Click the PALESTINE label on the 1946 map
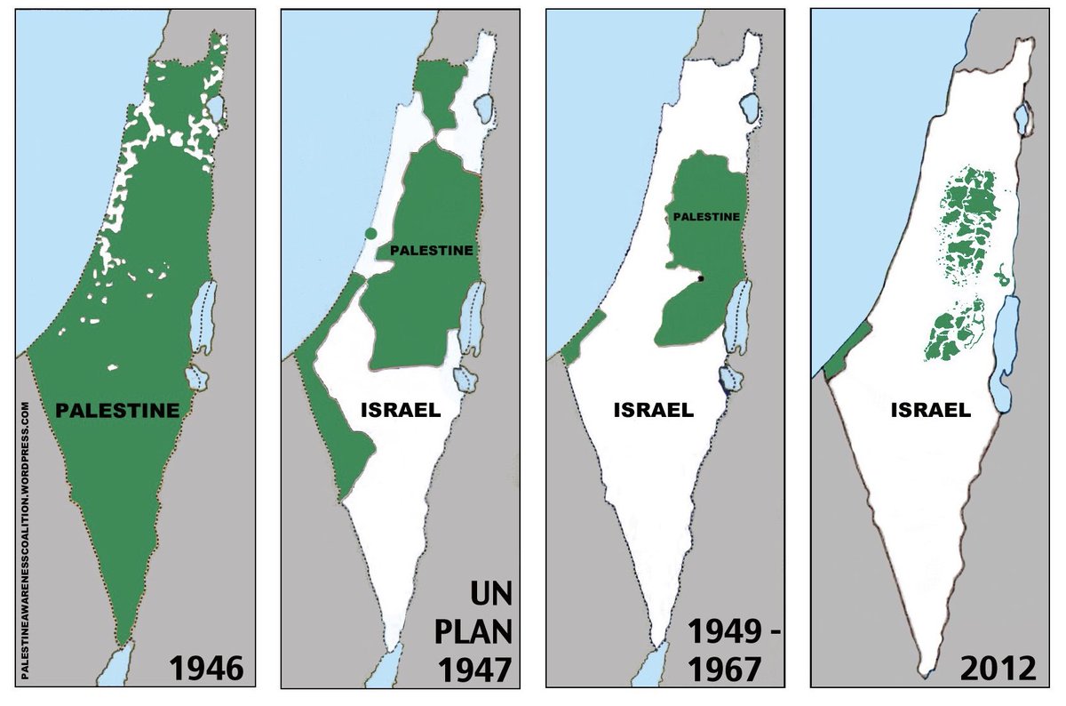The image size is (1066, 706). pos(117,411)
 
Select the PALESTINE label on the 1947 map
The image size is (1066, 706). pos(431,252)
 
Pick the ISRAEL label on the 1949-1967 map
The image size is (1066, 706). pos(653,411)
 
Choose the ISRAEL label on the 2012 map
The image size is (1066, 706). pos(930,410)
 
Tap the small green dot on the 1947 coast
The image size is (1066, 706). pos(370,234)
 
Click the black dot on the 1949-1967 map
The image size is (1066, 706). pos(701,279)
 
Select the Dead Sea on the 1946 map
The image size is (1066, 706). pos(203,316)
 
